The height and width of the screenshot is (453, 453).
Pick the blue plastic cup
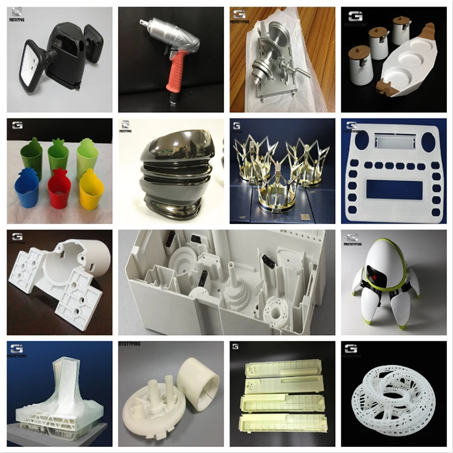pyautogui.click(x=28, y=190)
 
